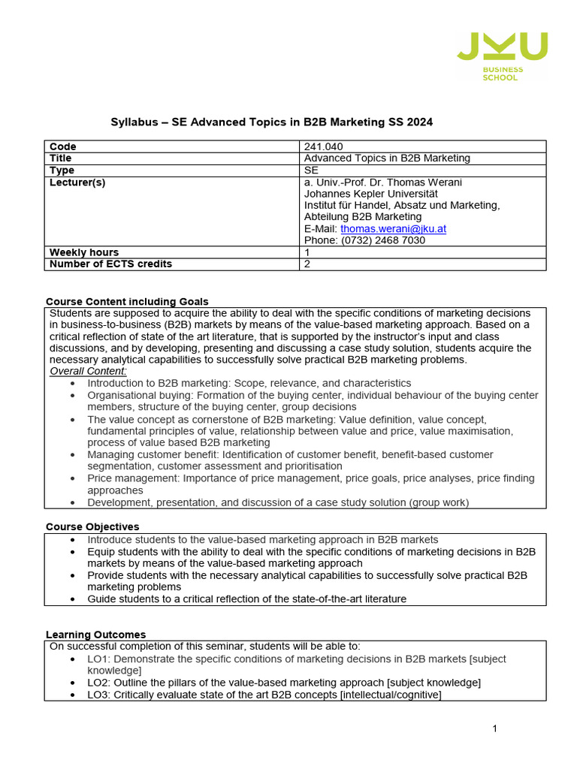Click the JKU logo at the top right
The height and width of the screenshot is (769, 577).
click(503, 47)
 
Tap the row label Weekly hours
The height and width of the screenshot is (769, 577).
click(84, 252)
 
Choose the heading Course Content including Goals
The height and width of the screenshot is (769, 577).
click(127, 302)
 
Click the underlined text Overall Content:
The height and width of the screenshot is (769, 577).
click(88, 371)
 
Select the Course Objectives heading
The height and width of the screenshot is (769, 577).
click(92, 526)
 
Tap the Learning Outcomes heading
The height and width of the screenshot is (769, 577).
click(95, 635)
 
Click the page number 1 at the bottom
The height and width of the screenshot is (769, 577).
click(495, 728)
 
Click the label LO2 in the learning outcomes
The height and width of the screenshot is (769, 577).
click(98, 683)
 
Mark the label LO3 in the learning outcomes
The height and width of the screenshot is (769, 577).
click(98, 695)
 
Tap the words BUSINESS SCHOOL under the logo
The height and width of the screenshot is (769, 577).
click(503, 74)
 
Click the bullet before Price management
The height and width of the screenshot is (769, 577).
click(72, 478)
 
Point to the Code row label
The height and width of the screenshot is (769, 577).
click(62, 146)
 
